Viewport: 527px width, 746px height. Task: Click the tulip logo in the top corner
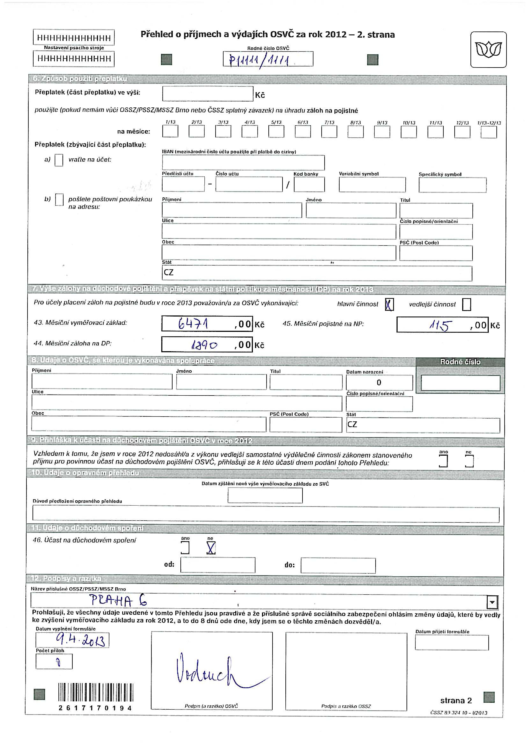coord(488,50)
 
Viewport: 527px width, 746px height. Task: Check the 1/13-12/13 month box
coord(489,132)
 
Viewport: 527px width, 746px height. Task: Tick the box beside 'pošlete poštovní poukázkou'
coord(59,200)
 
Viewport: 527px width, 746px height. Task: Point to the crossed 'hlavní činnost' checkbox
coord(389,304)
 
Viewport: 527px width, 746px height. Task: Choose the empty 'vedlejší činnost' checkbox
coord(466,304)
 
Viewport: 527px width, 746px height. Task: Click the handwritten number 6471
coord(193,324)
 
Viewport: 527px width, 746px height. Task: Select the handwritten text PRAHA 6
coord(118,600)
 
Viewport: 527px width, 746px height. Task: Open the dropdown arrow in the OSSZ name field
coord(492,602)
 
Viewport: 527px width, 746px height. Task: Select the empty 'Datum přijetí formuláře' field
coord(451,642)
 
